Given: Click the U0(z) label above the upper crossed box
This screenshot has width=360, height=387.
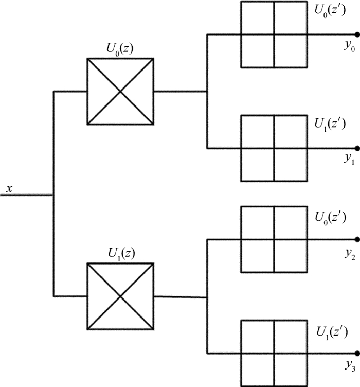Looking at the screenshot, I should (x=120, y=49).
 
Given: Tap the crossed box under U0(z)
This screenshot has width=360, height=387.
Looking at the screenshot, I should (x=120, y=92).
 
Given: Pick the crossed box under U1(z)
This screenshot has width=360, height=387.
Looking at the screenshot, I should (x=120, y=296).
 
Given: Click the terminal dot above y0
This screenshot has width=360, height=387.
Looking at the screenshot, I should (x=357, y=34).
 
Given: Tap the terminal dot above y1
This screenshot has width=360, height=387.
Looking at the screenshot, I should (x=357, y=148).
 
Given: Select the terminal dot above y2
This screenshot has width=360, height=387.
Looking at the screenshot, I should (x=357, y=239).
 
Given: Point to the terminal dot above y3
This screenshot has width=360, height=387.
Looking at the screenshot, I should (x=357, y=353).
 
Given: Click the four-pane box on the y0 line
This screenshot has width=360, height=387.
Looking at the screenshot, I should (x=274, y=34).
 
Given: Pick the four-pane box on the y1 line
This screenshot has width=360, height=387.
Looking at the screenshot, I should (x=274, y=148).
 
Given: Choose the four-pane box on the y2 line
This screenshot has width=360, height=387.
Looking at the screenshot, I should (x=274, y=239).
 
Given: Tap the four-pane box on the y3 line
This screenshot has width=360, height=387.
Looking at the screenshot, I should (x=274, y=353).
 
